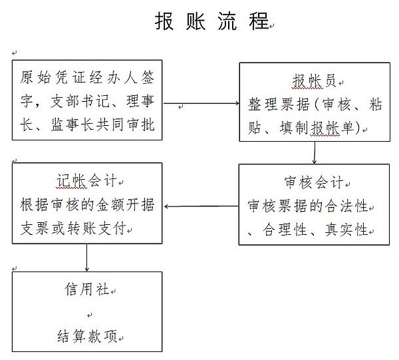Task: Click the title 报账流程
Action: (212, 21)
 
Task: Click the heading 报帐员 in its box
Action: (314, 81)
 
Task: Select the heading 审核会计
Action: (313, 182)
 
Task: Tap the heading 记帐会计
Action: (86, 180)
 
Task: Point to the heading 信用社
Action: (86, 289)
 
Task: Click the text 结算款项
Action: (87, 336)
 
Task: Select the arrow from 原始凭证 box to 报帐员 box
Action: (201, 103)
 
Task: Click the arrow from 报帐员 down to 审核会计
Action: (315, 152)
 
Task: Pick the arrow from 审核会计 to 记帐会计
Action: (201, 206)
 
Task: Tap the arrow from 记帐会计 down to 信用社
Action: (86, 258)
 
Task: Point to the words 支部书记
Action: (80, 101)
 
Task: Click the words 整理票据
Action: (279, 104)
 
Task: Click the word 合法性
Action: (346, 206)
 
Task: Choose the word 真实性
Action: (346, 230)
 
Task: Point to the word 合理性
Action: (285, 230)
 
